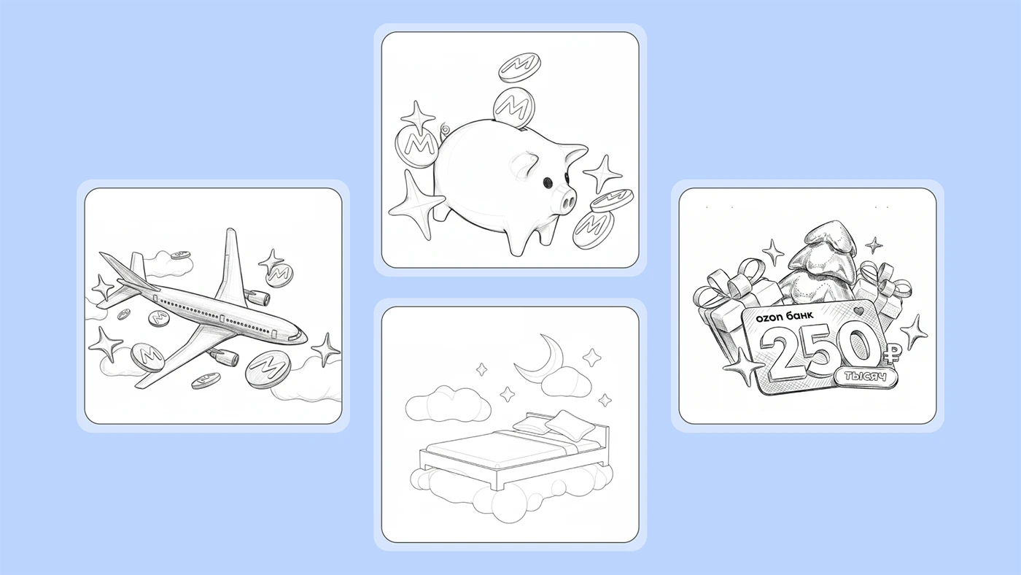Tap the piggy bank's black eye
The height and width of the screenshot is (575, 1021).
548,183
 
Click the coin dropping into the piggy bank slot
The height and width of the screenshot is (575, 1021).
513,108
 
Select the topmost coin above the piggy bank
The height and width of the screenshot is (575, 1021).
519,67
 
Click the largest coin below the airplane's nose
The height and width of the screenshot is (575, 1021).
268,369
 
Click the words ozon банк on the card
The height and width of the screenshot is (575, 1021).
784,316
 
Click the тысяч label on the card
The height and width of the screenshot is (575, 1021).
866,377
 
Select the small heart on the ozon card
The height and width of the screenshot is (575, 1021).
858,312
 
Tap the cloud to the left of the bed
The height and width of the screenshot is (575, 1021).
448,404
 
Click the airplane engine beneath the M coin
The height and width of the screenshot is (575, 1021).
258,297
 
